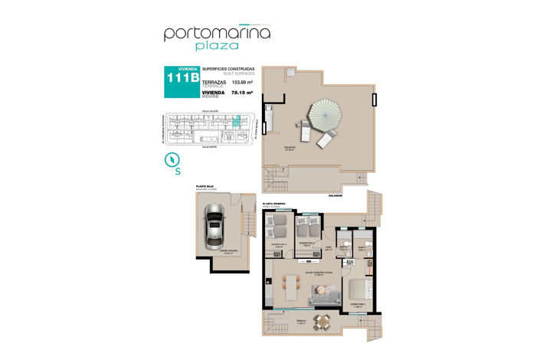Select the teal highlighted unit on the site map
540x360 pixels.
point(237,121)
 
